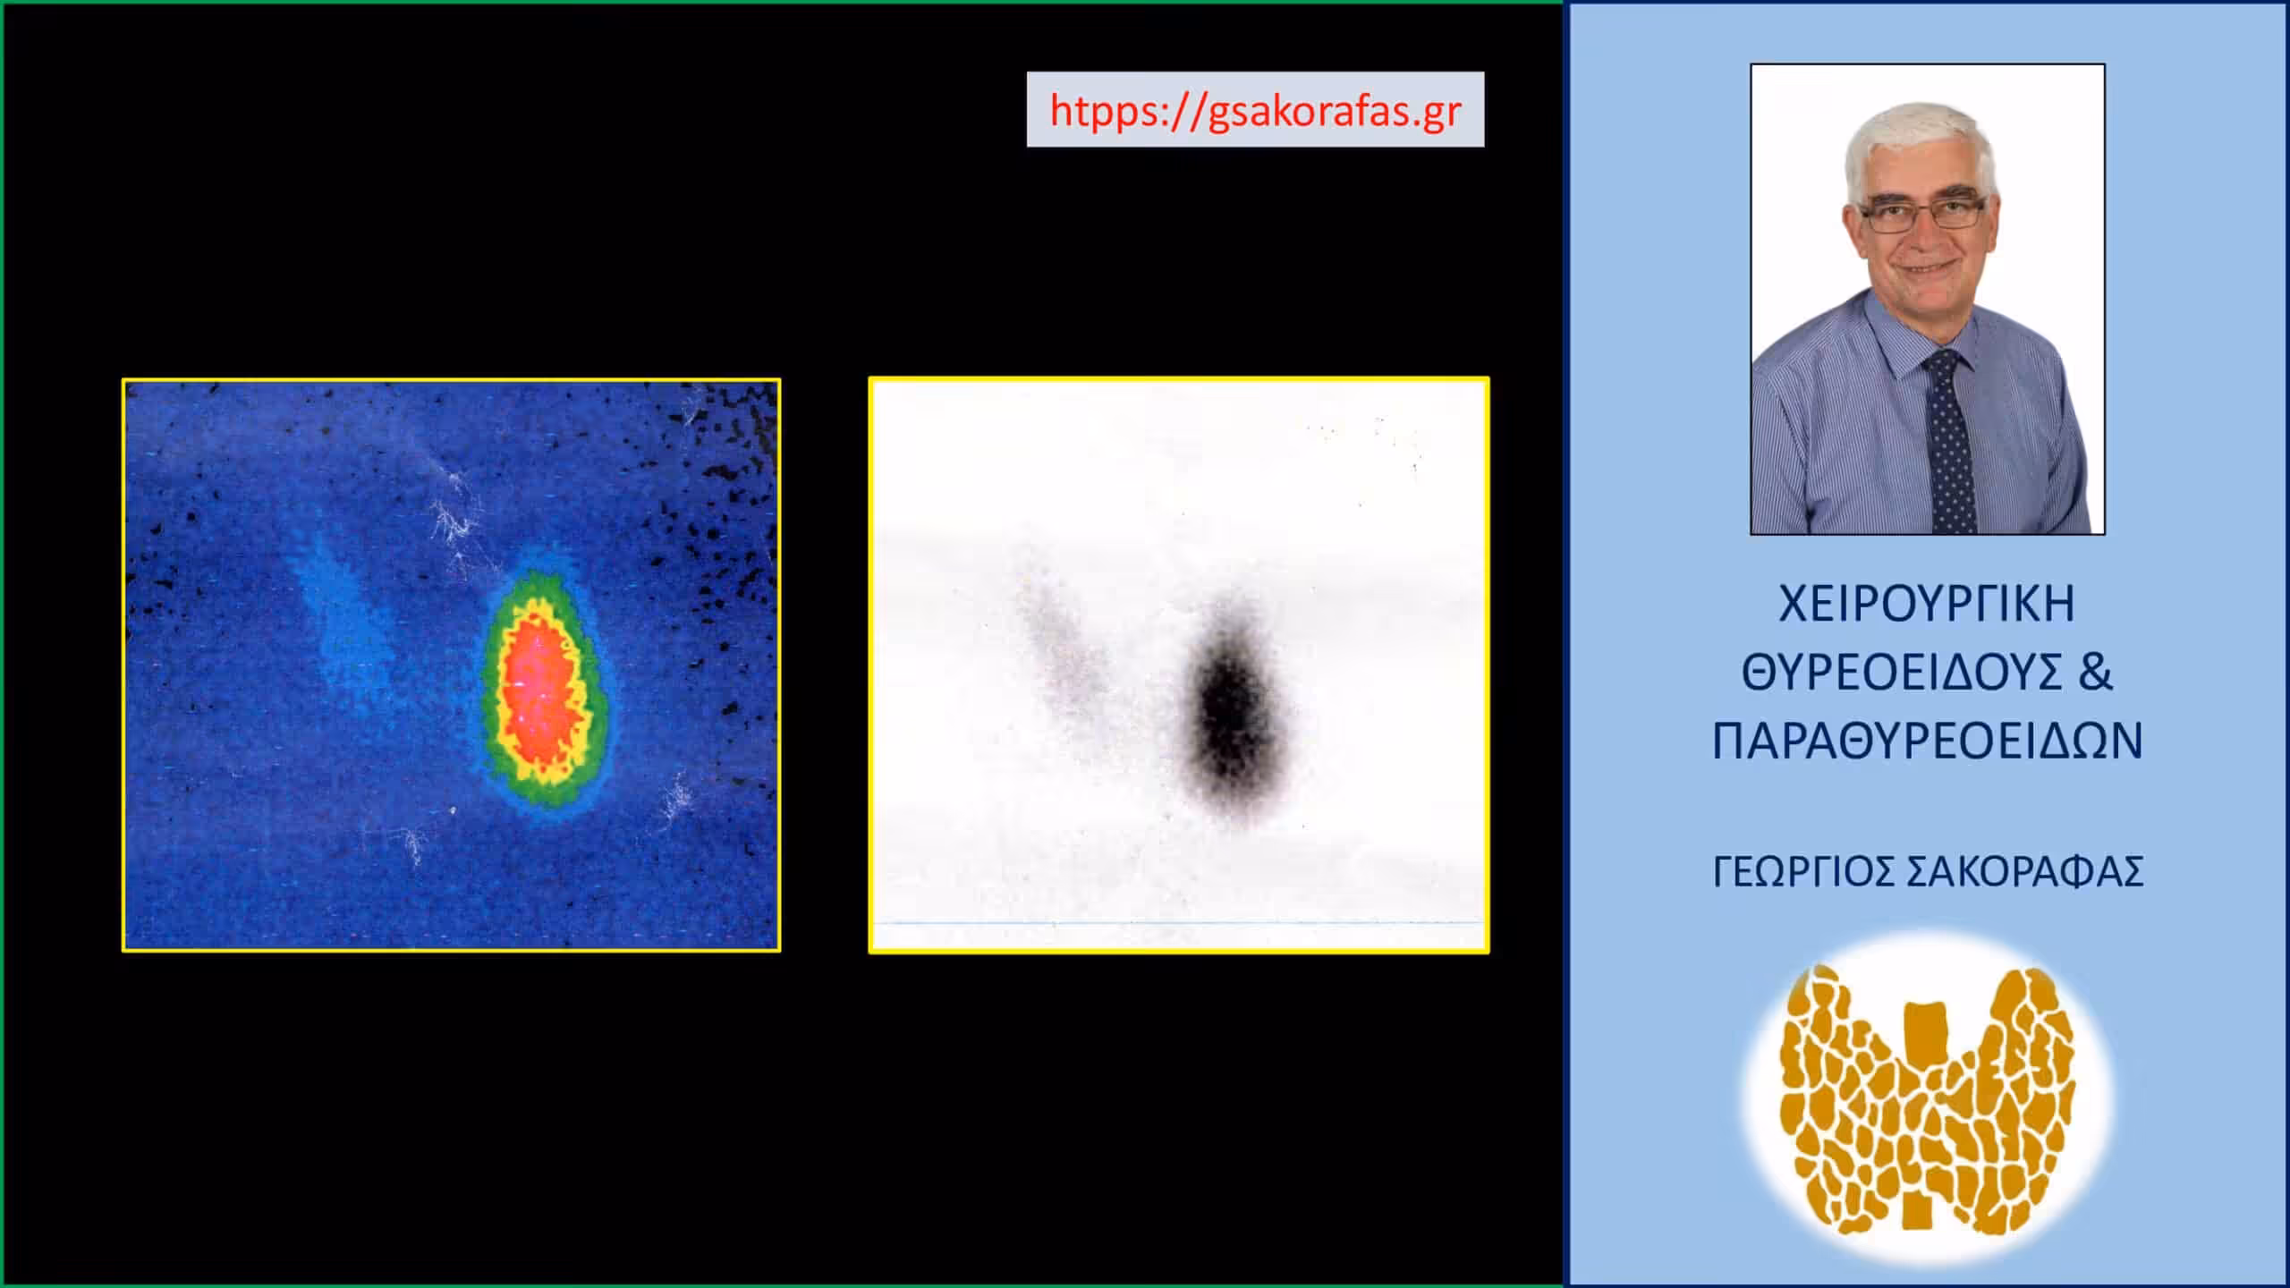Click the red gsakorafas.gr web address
(1255, 111)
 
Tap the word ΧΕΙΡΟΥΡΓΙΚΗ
(1927, 605)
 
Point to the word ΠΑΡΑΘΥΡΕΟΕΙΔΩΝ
(1928, 741)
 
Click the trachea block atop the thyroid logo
(1926, 1027)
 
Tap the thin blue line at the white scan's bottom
(1179, 921)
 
